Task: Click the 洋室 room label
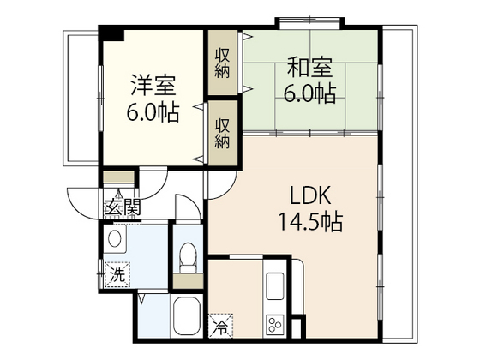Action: pyautogui.click(x=153, y=86)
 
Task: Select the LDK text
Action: pyautogui.click(x=310, y=195)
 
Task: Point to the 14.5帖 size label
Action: pyautogui.click(x=310, y=221)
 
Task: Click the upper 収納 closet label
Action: pyautogui.click(x=222, y=63)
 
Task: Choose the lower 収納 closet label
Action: pyautogui.click(x=222, y=134)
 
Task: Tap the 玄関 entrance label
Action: pyautogui.click(x=123, y=207)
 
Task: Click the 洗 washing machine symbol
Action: pyautogui.click(x=117, y=274)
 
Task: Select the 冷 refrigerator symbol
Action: pyautogui.click(x=220, y=326)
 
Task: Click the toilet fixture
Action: pyautogui.click(x=188, y=257)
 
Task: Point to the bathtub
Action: pyautogui.click(x=187, y=316)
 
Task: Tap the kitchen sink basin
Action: pyautogui.click(x=275, y=286)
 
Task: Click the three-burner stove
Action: pyautogui.click(x=275, y=325)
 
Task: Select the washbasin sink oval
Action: pyautogui.click(x=115, y=239)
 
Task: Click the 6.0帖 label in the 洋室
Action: pyautogui.click(x=153, y=112)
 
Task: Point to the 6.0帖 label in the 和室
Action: pyautogui.click(x=309, y=93)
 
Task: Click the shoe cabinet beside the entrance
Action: pyautogui.click(x=118, y=177)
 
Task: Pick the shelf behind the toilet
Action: pyautogui.click(x=188, y=281)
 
